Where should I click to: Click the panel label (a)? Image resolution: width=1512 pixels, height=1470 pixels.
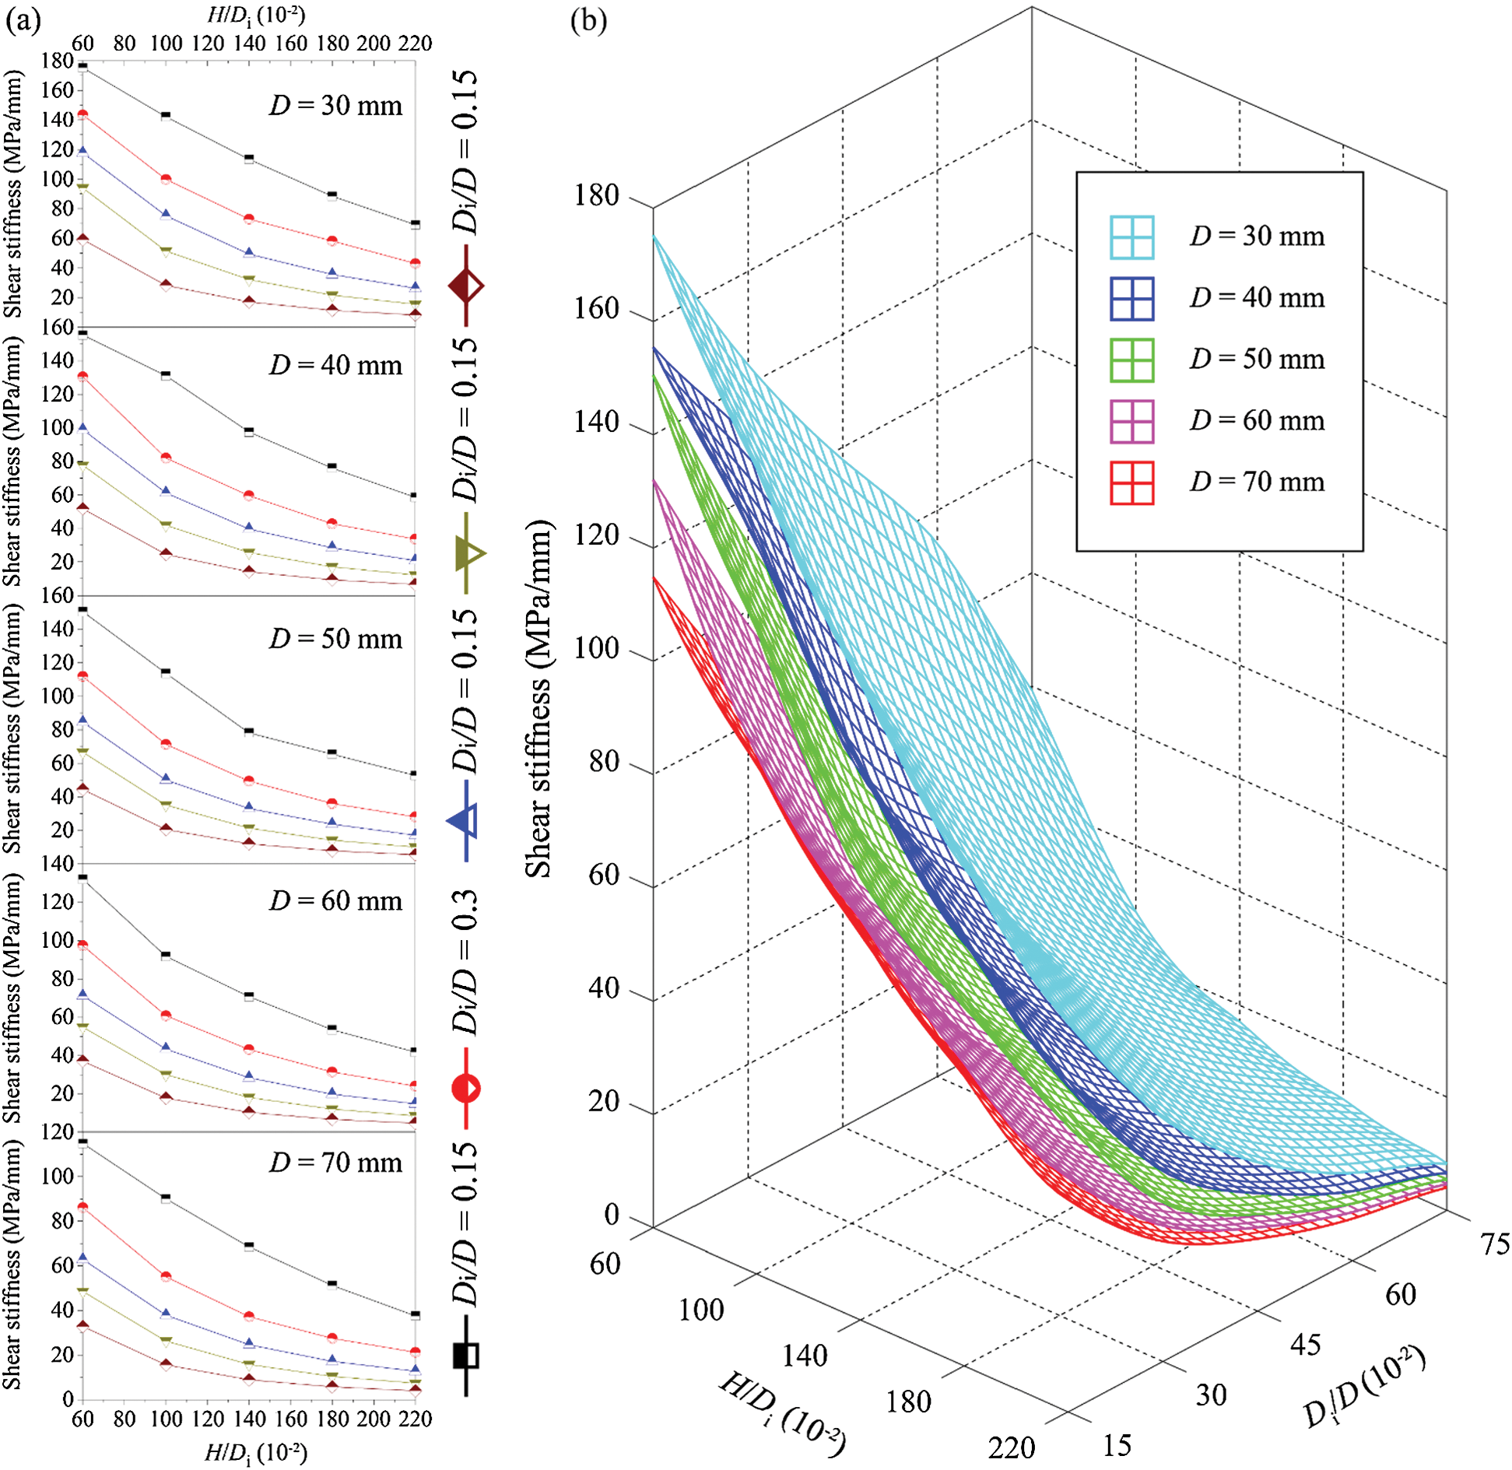click(x=23, y=21)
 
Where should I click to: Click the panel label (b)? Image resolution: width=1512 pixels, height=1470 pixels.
click(x=588, y=20)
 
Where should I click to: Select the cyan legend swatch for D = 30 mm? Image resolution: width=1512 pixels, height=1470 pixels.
click(x=1131, y=237)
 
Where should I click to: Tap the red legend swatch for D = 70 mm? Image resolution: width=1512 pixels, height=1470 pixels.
click(x=1131, y=482)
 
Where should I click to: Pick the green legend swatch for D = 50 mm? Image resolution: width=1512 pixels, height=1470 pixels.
click(x=1131, y=360)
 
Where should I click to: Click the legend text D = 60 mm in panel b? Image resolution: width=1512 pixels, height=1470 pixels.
click(x=1256, y=420)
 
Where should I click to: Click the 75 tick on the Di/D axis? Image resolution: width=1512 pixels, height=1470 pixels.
click(x=1493, y=1244)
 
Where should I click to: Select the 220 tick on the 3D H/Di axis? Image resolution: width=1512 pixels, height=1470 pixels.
click(x=1011, y=1448)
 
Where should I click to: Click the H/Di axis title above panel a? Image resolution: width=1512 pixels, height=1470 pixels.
click(x=255, y=16)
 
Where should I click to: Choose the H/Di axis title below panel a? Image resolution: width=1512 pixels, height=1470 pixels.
click(x=255, y=1452)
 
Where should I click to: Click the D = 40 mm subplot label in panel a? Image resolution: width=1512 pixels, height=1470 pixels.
click(x=335, y=365)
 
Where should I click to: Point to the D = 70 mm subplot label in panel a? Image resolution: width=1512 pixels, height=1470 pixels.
click(x=335, y=1163)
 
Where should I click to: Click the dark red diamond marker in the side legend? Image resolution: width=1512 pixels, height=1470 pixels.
click(x=466, y=286)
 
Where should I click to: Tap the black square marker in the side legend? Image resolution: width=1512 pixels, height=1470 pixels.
click(x=466, y=1356)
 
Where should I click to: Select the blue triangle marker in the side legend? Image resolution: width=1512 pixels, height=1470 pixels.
click(x=466, y=820)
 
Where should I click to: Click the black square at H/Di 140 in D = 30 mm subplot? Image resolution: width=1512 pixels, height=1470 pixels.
click(x=249, y=158)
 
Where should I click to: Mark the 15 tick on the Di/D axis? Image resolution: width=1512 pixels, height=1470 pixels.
click(x=1117, y=1445)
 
